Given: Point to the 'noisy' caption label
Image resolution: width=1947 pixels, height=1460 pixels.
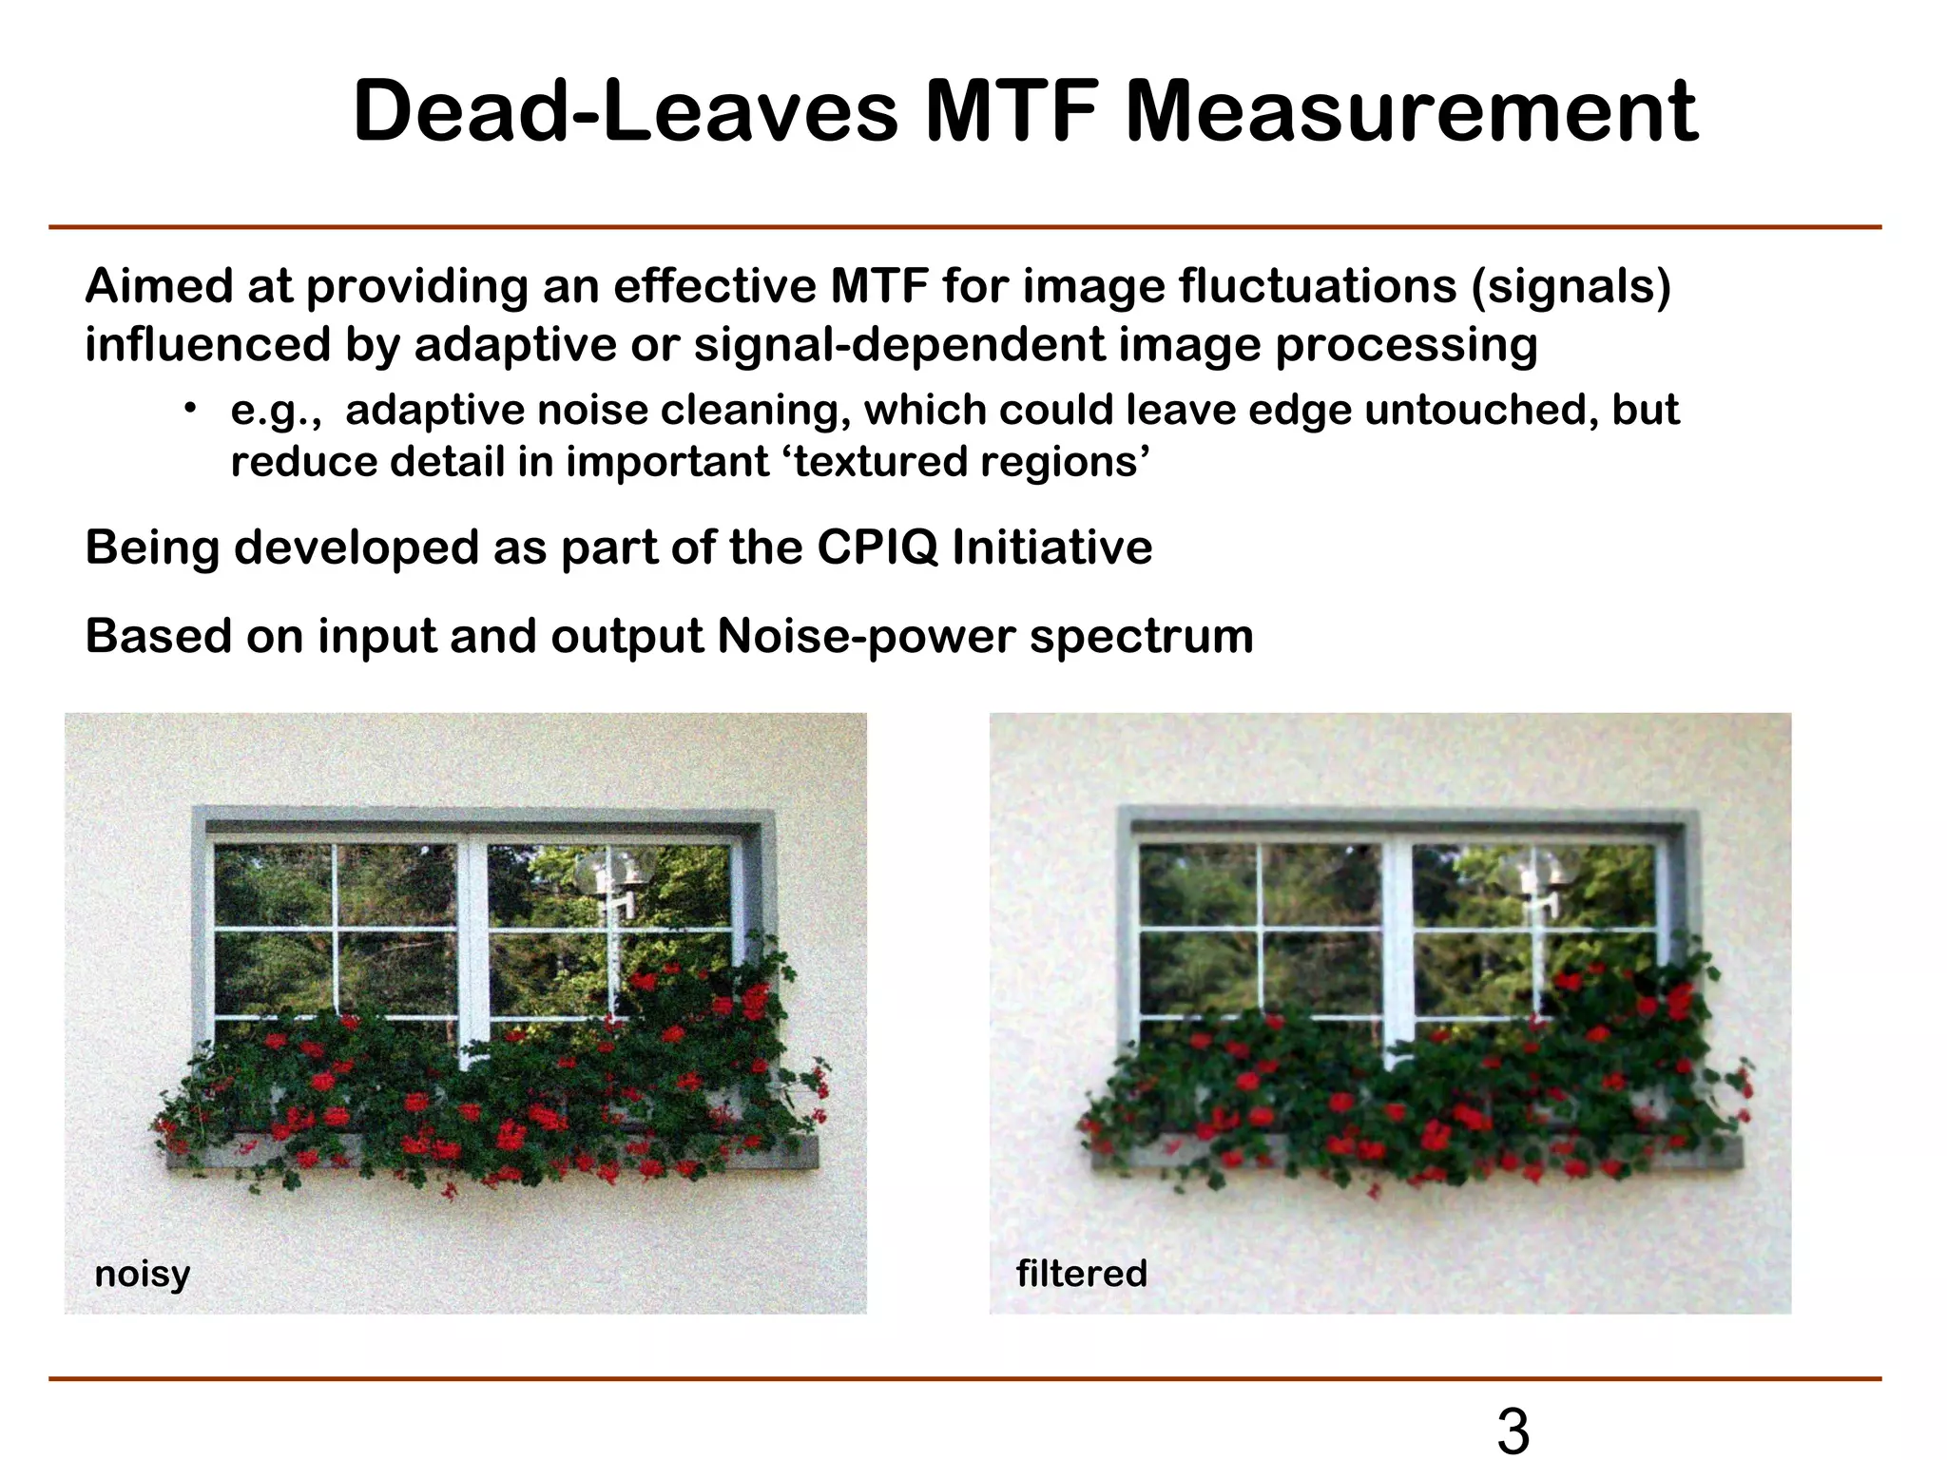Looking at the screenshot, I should click(x=143, y=1274).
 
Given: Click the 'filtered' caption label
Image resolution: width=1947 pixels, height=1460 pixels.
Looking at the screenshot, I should click(x=1081, y=1274).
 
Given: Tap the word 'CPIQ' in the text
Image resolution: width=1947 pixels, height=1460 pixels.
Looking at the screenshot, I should click(x=876, y=547).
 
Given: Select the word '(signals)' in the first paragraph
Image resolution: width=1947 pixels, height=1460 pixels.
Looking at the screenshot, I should click(x=1570, y=286).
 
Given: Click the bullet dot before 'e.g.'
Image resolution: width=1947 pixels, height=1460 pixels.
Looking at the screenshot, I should click(x=190, y=409).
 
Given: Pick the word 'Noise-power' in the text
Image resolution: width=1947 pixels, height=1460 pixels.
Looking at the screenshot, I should click(x=866, y=636).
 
